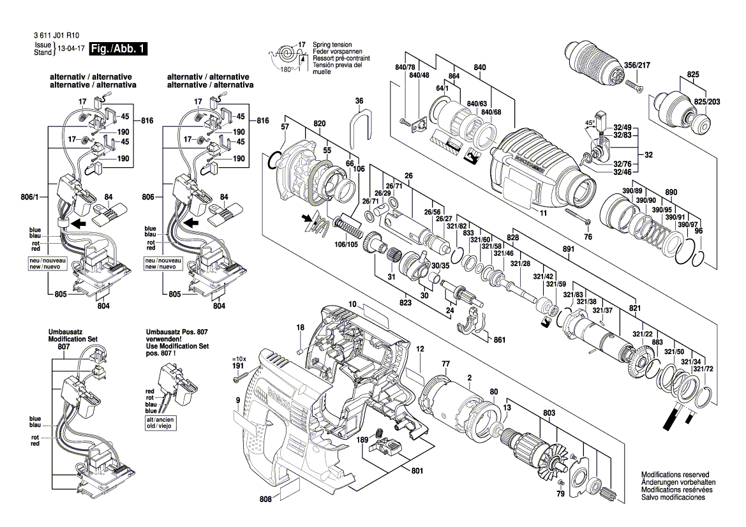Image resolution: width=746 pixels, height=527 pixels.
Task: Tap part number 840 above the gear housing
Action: pyautogui.click(x=480, y=68)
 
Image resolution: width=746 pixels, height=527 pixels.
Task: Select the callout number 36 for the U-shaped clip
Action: pyautogui.click(x=359, y=101)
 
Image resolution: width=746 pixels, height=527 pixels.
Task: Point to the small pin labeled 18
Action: pyautogui.click(x=300, y=350)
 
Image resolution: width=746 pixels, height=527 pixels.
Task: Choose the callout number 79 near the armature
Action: pyautogui.click(x=561, y=494)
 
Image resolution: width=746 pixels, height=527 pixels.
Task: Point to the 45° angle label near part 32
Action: pyautogui.click(x=589, y=122)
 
